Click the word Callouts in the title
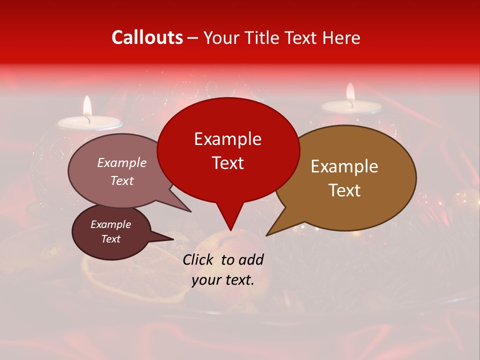click(x=147, y=37)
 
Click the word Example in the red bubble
click(x=227, y=138)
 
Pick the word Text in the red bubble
click(x=227, y=162)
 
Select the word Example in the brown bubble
click(x=344, y=166)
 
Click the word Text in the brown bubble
click(x=344, y=190)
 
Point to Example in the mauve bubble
click(x=122, y=162)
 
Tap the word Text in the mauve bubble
click(x=122, y=180)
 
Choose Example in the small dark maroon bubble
click(x=110, y=224)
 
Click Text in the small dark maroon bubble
click(x=110, y=239)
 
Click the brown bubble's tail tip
click(x=267, y=234)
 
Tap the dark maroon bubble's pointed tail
click(x=171, y=239)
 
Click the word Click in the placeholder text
click(x=199, y=259)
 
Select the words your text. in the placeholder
click(x=223, y=280)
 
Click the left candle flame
click(x=87, y=106)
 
